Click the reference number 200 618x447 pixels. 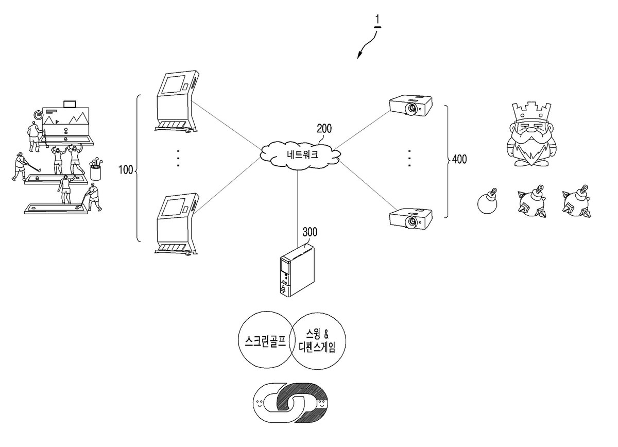(x=324, y=129)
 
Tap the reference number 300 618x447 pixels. (x=310, y=232)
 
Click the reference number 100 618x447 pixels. (x=126, y=170)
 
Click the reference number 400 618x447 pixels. (x=459, y=159)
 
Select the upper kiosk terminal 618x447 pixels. (x=177, y=102)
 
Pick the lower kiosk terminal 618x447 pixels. (x=177, y=225)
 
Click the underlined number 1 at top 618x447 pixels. (x=377, y=21)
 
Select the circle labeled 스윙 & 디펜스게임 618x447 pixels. (x=317, y=340)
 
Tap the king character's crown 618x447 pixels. (x=531, y=113)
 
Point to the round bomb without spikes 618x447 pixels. (x=487, y=201)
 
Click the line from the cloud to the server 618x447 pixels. (x=298, y=209)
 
